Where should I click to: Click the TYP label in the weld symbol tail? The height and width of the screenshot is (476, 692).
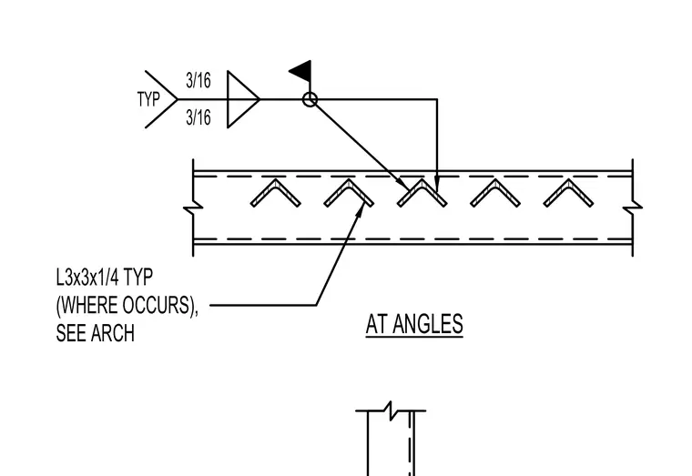148,99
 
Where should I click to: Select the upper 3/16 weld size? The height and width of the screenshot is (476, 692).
198,80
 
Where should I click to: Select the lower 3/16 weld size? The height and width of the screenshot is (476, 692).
198,117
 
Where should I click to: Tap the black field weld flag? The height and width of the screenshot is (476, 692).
301,71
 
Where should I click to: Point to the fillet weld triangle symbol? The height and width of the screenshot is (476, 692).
243,99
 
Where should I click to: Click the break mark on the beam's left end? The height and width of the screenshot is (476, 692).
193,208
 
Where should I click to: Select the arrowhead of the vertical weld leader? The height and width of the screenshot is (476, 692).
437,185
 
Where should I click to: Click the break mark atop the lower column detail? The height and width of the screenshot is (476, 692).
391,410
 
